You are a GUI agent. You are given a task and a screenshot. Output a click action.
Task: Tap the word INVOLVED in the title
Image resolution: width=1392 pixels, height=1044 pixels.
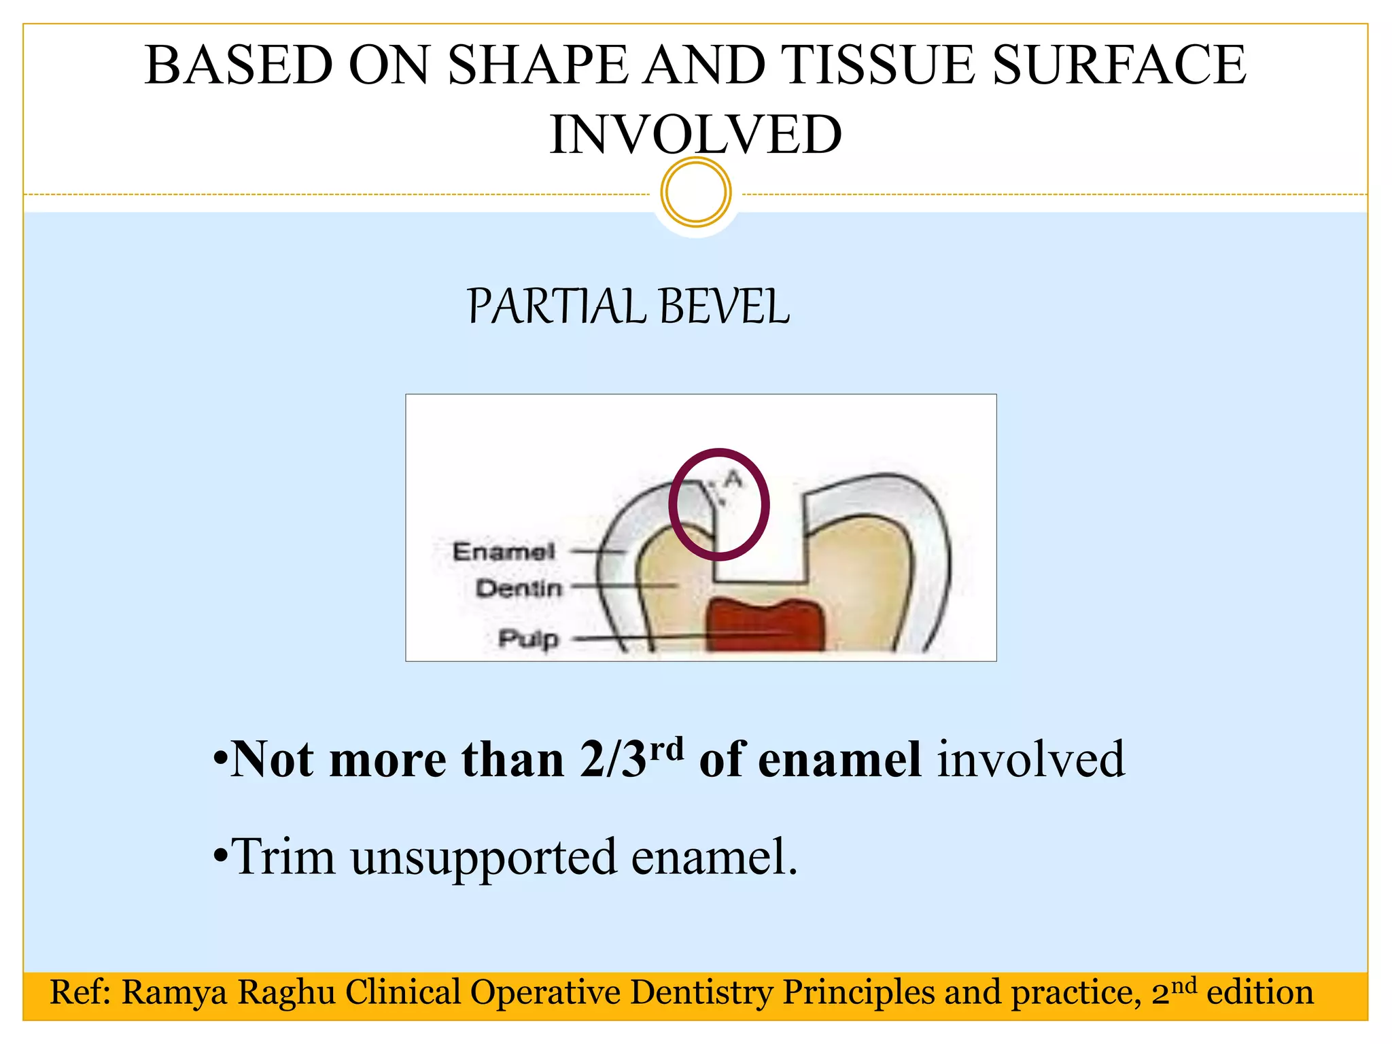pos(695,135)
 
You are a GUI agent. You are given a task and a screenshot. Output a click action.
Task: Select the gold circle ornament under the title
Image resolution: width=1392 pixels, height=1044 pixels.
pos(695,192)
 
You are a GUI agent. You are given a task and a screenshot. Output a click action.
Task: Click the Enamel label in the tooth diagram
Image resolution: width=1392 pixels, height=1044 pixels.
pos(504,551)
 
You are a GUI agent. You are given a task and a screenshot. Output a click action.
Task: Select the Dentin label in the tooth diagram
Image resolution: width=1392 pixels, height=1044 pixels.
pos(519,588)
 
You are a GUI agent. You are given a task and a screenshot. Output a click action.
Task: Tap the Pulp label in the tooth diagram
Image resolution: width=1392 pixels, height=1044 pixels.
pos(528,638)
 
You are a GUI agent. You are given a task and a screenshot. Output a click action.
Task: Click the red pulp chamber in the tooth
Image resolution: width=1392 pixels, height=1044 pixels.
pos(765,625)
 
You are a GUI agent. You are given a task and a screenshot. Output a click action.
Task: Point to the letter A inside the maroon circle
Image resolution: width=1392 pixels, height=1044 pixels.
pos(733,479)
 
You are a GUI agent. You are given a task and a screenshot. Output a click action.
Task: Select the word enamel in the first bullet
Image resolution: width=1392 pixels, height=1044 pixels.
pos(839,759)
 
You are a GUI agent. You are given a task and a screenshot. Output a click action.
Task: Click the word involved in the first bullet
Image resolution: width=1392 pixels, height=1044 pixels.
pos(1031,759)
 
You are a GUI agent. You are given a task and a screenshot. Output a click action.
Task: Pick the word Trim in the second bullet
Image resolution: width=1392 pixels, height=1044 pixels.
pos(283,856)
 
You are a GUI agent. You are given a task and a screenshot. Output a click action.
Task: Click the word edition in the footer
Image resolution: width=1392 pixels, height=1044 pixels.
pos(1259,992)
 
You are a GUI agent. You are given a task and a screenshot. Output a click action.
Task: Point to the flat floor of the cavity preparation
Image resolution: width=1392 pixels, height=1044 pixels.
pos(760,581)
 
